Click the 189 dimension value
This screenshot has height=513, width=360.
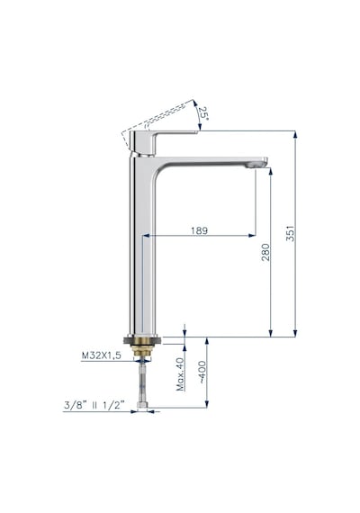tap(199, 230)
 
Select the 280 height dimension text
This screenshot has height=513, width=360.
tap(266, 252)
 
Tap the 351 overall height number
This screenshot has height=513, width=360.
tap(291, 233)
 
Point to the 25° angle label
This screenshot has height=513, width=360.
tap(203, 113)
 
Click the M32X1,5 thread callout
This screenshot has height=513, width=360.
tap(101, 355)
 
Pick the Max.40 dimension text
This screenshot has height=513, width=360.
tap(180, 374)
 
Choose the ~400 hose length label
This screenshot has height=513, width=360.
tap(202, 372)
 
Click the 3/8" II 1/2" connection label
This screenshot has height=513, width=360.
tap(94, 405)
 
